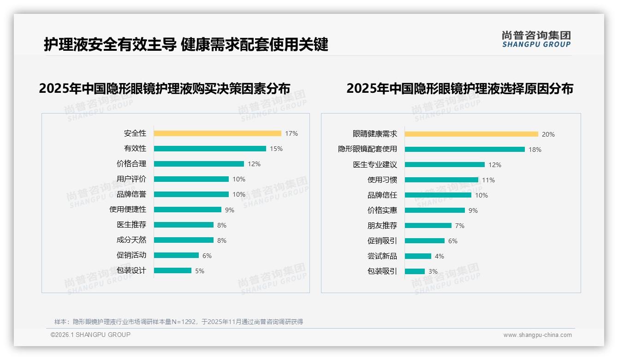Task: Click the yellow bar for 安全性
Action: [x=217, y=133]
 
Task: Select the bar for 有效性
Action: [x=210, y=149]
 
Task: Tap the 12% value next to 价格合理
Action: [x=254, y=164]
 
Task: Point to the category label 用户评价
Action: [x=131, y=179]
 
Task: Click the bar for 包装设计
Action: [x=172, y=270]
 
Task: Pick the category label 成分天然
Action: [x=131, y=240]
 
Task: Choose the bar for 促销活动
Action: [x=176, y=255]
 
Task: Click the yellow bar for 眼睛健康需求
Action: [x=471, y=134]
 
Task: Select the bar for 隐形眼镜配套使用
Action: [x=465, y=149]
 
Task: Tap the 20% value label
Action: [x=548, y=134]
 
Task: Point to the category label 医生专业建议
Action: [x=375, y=165]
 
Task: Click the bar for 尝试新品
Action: [x=418, y=256]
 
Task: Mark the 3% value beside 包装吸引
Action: [x=433, y=271]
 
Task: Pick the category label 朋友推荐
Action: [x=382, y=226]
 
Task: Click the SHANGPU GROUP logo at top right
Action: [x=536, y=39]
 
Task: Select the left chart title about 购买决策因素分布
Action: [x=165, y=88]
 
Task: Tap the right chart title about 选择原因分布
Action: [x=459, y=88]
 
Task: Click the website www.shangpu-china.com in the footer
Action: [x=537, y=335]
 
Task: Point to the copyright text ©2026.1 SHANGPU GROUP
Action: [x=90, y=335]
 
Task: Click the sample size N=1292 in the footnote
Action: [x=184, y=322]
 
